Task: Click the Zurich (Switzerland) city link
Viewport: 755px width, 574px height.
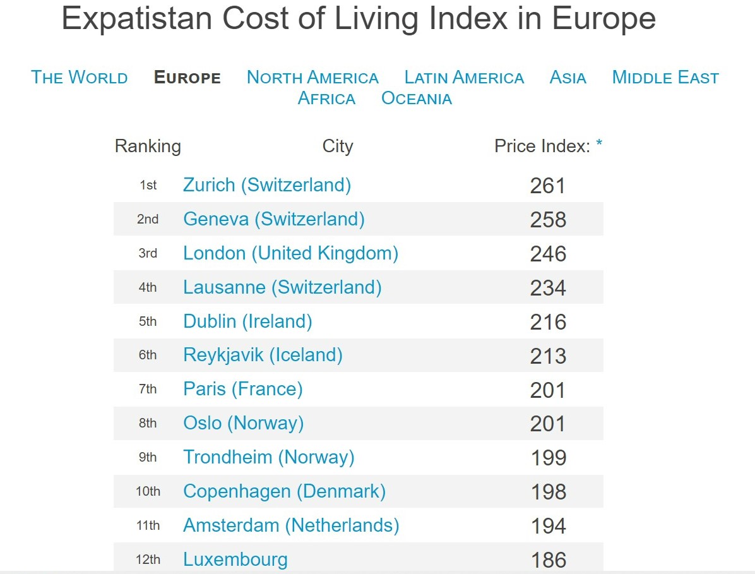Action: (x=267, y=185)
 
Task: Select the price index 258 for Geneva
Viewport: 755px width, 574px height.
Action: (x=548, y=220)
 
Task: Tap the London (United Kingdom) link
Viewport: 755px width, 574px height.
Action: (x=290, y=253)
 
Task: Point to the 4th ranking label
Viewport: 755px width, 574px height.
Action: (x=148, y=288)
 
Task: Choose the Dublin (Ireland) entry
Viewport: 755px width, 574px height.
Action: (x=247, y=321)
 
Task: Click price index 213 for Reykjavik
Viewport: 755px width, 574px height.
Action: (x=548, y=356)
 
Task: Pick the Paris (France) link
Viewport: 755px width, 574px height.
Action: (x=243, y=389)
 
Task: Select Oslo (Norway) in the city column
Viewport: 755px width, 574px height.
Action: (x=244, y=423)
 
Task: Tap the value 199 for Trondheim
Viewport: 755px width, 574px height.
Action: (x=548, y=458)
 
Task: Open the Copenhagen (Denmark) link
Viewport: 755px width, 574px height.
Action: (x=284, y=491)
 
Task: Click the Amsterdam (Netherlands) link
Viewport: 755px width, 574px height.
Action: (x=291, y=525)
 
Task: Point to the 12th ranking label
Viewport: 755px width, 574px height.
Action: (x=148, y=559)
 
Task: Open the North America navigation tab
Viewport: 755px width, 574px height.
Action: (x=312, y=78)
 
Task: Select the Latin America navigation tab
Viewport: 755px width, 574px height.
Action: (x=464, y=78)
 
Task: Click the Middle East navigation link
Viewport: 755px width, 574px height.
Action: (x=665, y=78)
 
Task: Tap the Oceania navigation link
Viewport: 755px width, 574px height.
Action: (x=417, y=99)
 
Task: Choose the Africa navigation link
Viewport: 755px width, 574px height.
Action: (x=326, y=99)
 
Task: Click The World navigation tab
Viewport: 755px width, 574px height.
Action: (x=80, y=78)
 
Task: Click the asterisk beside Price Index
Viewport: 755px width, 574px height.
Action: (x=599, y=145)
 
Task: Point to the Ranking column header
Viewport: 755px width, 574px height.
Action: (x=148, y=146)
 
